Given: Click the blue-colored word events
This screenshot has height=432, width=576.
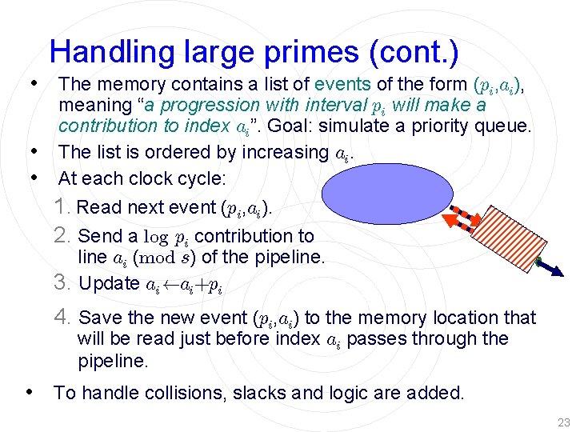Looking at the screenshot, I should pos(342,84).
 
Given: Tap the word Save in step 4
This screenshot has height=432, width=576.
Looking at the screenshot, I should pos(98,318).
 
